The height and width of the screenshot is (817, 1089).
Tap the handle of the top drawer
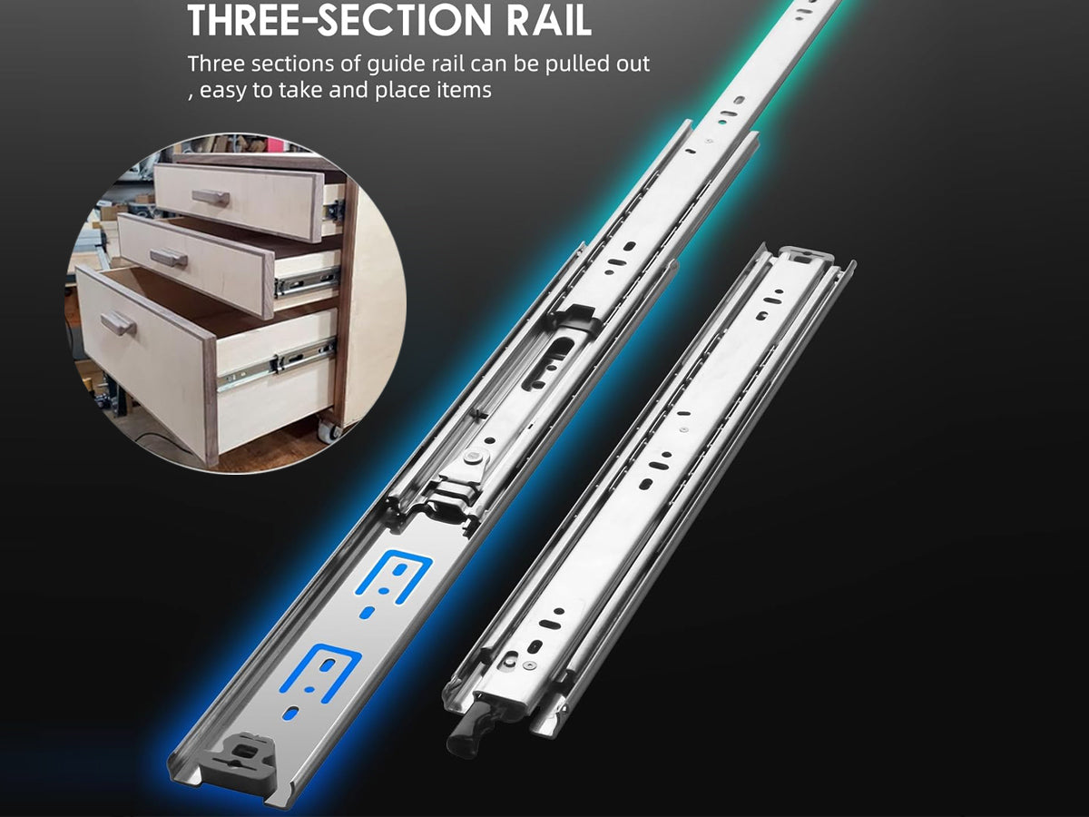point(211,198)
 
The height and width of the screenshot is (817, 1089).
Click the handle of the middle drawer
point(169,258)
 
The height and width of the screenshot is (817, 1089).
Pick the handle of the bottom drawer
point(118,324)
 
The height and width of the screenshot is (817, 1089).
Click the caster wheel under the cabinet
point(329,428)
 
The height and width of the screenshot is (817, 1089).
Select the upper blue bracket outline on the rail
point(394,577)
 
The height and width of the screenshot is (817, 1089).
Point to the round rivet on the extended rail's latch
point(475,458)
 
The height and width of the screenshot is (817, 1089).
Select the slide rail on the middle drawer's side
point(308,281)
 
